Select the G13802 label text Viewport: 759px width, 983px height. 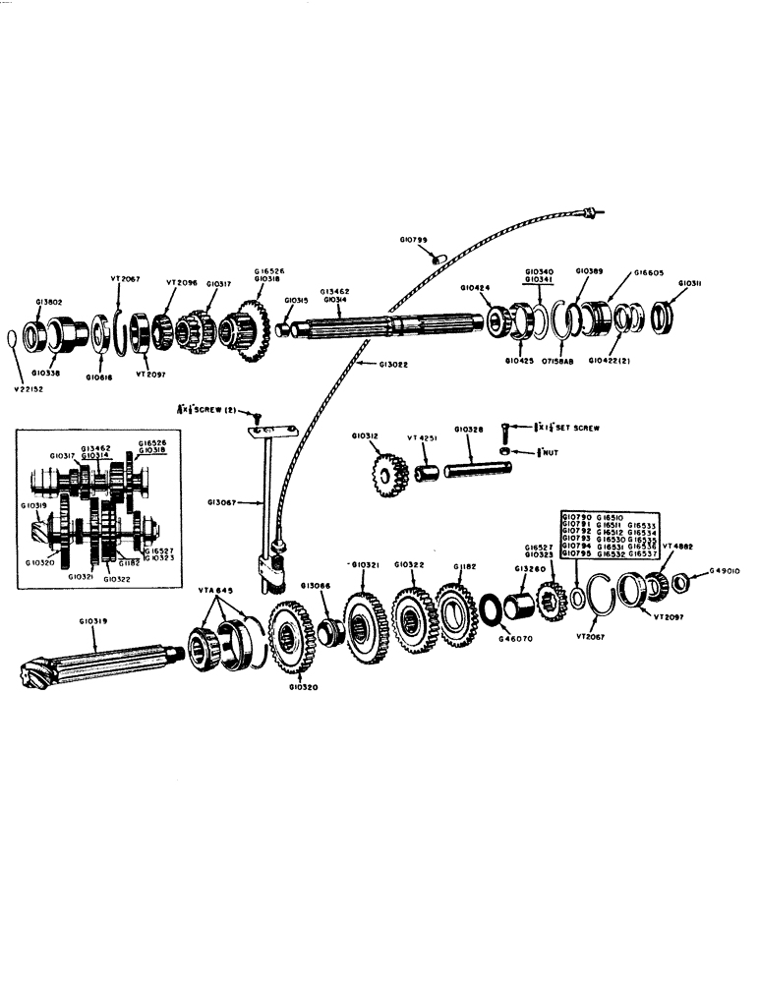point(50,304)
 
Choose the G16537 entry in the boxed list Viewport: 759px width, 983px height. point(642,554)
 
